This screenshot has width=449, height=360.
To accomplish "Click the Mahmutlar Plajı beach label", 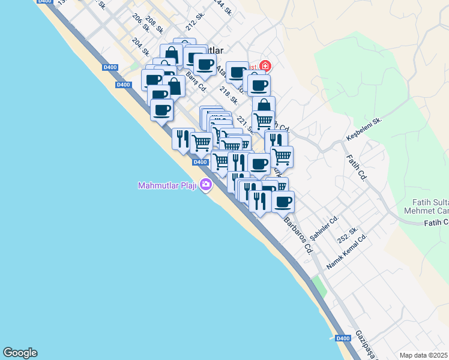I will tap(167, 184).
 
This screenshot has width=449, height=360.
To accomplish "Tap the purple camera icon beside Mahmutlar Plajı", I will tap(206, 184).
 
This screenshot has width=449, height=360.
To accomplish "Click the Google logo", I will tap(20, 353).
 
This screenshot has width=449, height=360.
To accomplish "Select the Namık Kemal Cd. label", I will tap(346, 252).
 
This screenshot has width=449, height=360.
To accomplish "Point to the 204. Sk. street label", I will tap(140, 48).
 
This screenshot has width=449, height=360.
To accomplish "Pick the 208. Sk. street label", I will tap(155, 25).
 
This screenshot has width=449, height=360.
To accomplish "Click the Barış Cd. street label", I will tap(196, 83).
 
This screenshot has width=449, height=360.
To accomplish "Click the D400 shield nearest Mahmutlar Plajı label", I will tap(200, 162).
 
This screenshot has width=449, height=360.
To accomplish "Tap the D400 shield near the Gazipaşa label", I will tap(342, 338).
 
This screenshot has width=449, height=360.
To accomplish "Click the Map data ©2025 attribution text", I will tap(424, 355).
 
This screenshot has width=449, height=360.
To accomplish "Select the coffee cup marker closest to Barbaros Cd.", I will tap(283, 202).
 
